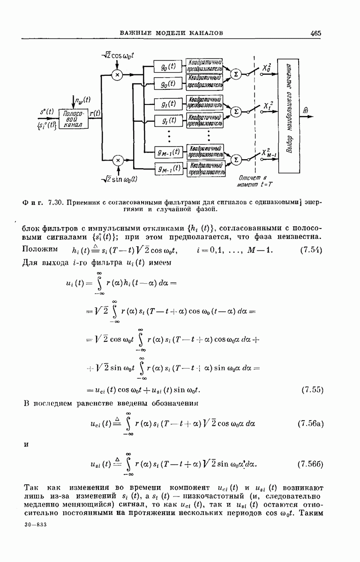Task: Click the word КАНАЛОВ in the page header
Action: coord(202,33)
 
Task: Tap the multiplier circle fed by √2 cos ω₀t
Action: coord(118,74)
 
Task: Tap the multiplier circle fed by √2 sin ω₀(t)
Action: coord(118,160)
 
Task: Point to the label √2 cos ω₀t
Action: coord(118,56)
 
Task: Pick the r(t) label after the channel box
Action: coord(94,113)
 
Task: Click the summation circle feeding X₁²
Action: coord(236,111)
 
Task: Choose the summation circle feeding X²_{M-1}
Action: coord(236,160)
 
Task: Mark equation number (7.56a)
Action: coord(310,425)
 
